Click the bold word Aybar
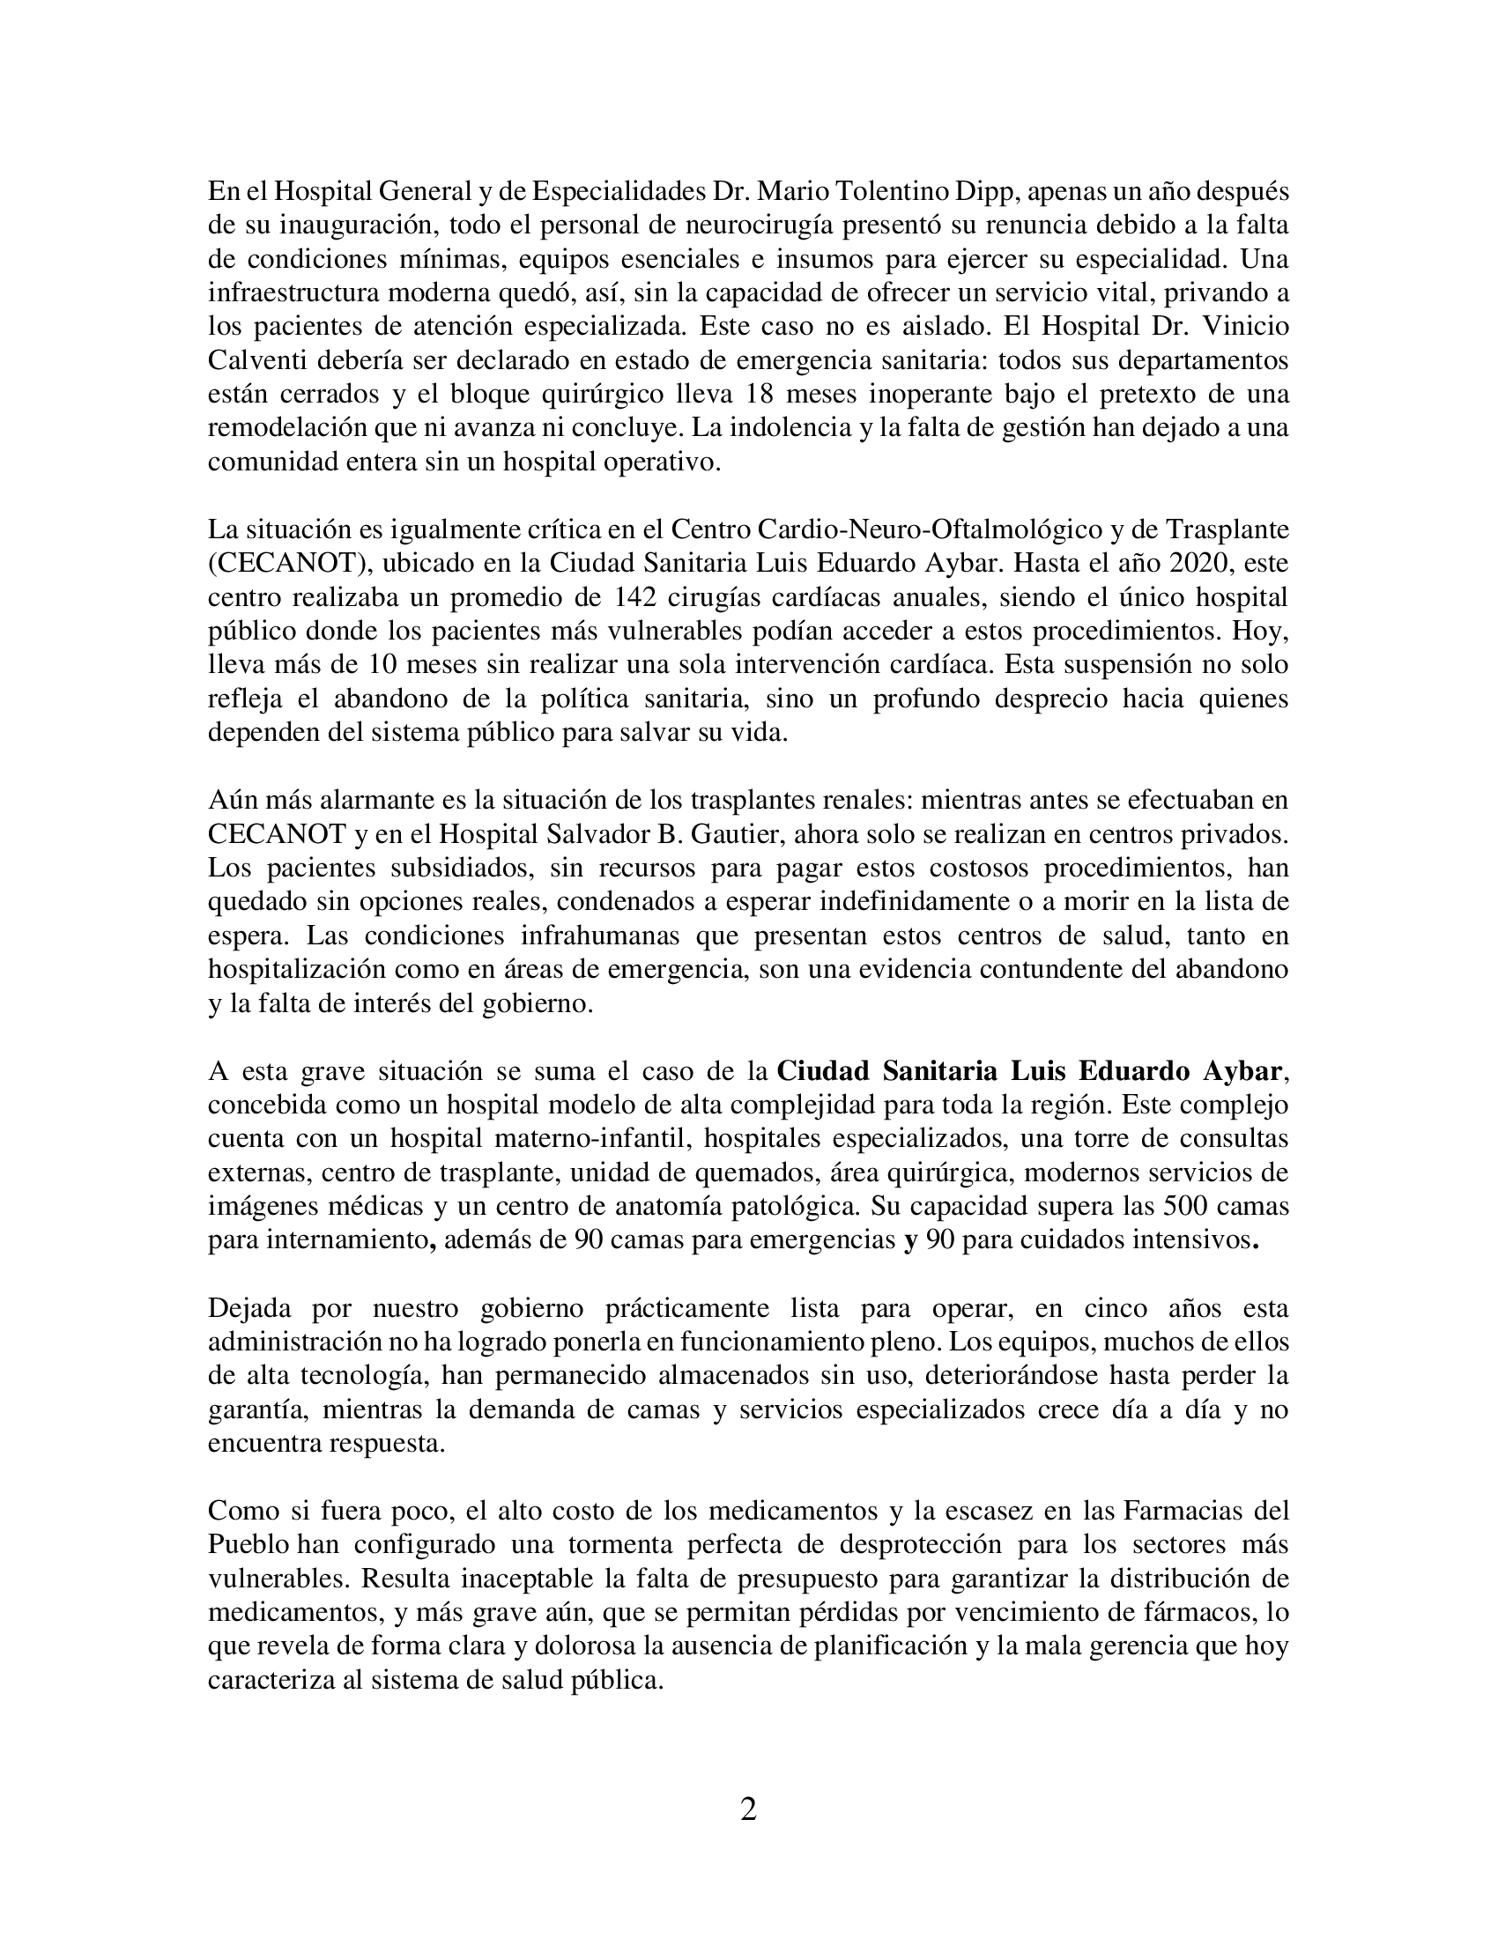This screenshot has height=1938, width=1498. (x=1242, y=1071)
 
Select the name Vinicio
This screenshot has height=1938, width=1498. (x=1244, y=327)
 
